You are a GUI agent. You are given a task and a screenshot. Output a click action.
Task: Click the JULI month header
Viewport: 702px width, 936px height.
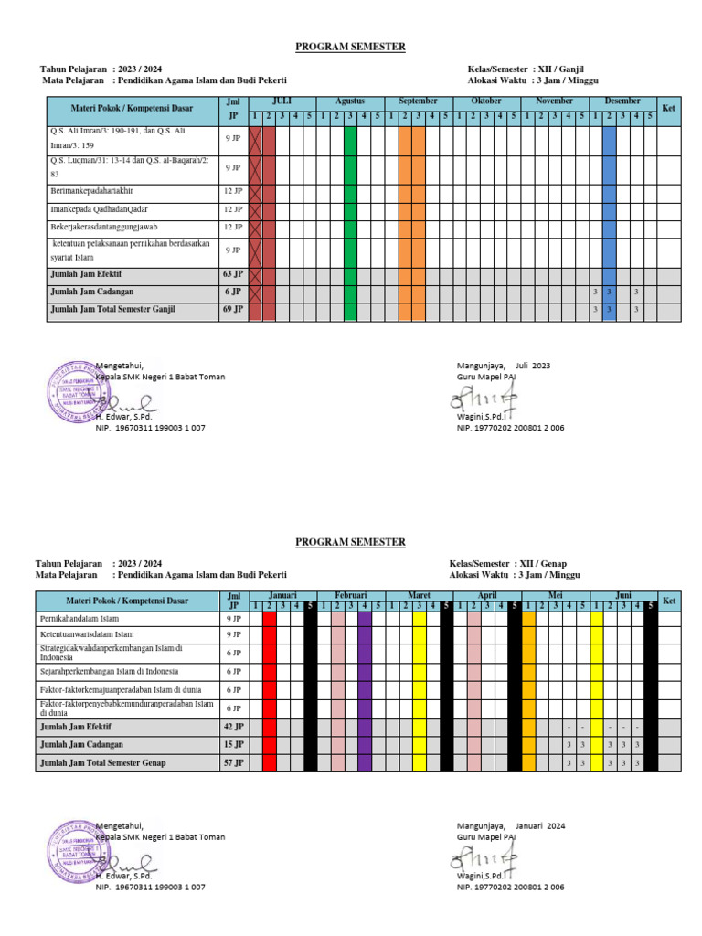click(x=282, y=101)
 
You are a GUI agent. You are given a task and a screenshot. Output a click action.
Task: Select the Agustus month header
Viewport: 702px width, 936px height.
click(x=350, y=101)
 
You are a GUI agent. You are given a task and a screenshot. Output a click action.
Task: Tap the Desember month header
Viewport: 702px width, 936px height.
click(x=622, y=101)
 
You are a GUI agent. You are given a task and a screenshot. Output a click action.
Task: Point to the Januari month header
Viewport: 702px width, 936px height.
click(x=282, y=594)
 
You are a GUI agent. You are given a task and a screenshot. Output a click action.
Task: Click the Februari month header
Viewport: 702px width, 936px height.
click(x=350, y=594)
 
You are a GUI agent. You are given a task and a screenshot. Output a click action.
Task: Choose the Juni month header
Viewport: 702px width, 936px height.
click(x=622, y=594)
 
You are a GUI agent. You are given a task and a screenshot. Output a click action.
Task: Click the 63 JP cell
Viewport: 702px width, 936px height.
click(x=232, y=273)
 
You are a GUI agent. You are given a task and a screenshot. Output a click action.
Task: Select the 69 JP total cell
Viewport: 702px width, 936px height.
click(x=232, y=310)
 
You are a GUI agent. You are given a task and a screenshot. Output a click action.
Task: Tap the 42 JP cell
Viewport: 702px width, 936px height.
click(x=232, y=727)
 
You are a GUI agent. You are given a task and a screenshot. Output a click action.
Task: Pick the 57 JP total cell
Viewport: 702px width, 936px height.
click(x=232, y=762)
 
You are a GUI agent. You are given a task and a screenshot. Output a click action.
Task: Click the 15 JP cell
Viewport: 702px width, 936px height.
click(x=232, y=744)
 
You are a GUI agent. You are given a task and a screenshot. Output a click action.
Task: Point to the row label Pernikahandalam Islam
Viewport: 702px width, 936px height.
click(x=87, y=619)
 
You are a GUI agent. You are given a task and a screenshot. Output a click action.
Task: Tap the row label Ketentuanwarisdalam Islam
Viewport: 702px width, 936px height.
click(x=91, y=634)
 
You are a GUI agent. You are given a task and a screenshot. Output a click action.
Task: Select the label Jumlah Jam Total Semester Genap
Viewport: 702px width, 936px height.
click(x=103, y=762)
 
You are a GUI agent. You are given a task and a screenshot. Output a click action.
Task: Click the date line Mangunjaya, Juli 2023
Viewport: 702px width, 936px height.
click(x=504, y=366)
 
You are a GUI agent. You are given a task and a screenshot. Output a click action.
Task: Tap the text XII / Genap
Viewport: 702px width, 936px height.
click(x=542, y=564)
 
